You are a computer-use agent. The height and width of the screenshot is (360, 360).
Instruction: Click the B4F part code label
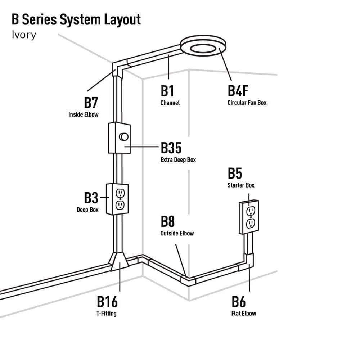[238, 91]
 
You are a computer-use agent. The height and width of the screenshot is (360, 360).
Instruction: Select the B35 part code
[171, 148]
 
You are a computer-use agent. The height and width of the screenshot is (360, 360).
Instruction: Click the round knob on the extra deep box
[123, 137]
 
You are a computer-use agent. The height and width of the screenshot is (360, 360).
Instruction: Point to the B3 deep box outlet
[117, 199]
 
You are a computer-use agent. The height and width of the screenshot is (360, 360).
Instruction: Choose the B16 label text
[107, 302]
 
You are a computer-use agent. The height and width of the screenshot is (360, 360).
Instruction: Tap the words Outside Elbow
[177, 233]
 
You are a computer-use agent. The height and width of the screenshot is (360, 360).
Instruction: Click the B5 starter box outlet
[249, 217]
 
